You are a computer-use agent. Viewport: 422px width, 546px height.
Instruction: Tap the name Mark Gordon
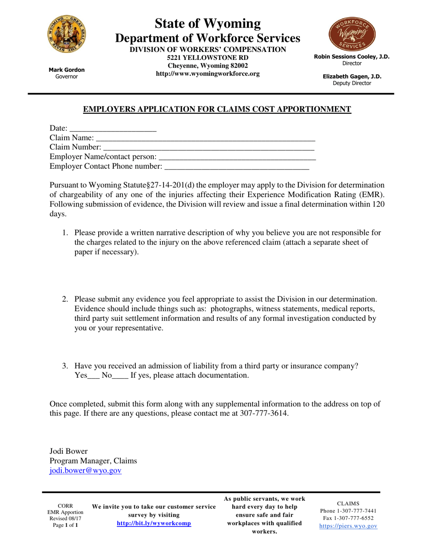pyautogui.click(x=66, y=70)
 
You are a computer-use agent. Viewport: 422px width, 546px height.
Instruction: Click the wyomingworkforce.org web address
pyautogui.click(x=207, y=73)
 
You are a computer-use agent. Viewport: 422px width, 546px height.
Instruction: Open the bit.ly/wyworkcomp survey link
pyautogui.click(x=154, y=523)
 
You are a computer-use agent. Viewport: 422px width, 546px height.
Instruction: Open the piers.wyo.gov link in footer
pyautogui.click(x=348, y=526)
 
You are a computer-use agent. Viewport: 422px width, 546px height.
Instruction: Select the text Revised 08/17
pyautogui.click(x=65, y=519)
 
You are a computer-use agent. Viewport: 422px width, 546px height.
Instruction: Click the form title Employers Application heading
pyautogui.click(x=217, y=109)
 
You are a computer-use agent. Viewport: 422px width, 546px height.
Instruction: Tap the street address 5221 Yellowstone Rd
pyautogui.click(x=207, y=58)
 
